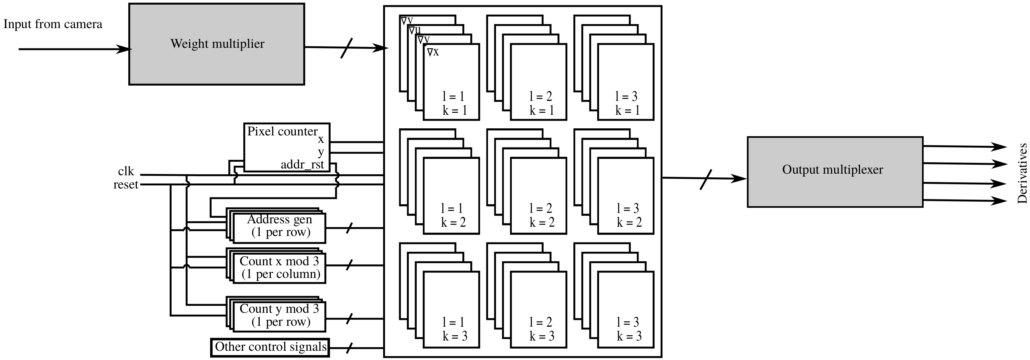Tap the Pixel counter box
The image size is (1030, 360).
pyautogui.click(x=287, y=147)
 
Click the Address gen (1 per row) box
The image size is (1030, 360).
pyautogui.click(x=279, y=228)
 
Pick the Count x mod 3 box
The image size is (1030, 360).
pyautogui.click(x=279, y=267)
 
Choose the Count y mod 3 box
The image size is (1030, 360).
pyautogui.click(x=279, y=316)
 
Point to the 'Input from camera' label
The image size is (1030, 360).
pyautogui.click(x=53, y=24)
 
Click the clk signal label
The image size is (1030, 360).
pyautogui.click(x=126, y=172)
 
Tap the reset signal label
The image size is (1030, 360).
pyautogui.click(x=126, y=185)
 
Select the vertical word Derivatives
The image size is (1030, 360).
pyautogui.click(x=1022, y=174)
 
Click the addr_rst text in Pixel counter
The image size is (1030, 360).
pyautogui.click(x=302, y=165)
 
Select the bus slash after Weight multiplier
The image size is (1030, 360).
pyautogui.click(x=347, y=48)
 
